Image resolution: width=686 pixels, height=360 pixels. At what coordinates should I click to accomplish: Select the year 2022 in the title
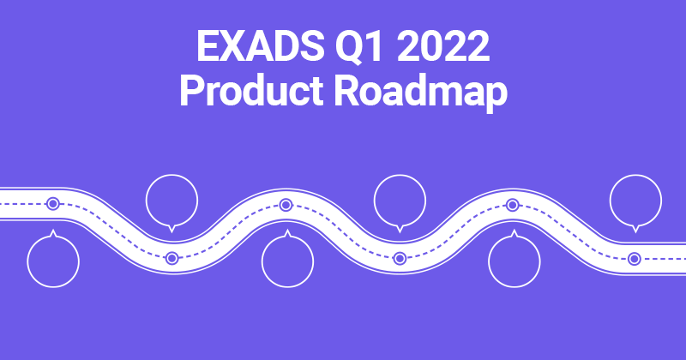(442, 47)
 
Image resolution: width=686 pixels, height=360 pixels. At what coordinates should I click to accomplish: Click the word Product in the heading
(243, 91)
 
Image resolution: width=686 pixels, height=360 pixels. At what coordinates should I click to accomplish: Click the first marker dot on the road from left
(53, 204)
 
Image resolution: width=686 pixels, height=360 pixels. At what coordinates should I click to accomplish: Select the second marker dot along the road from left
(171, 258)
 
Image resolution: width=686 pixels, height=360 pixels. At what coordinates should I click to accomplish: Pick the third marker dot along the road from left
(286, 204)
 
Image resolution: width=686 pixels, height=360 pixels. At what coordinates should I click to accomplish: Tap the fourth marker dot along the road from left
(400, 258)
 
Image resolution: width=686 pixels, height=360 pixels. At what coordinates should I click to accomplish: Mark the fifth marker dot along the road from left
(513, 204)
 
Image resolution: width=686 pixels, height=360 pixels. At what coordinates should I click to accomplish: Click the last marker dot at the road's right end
(634, 258)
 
